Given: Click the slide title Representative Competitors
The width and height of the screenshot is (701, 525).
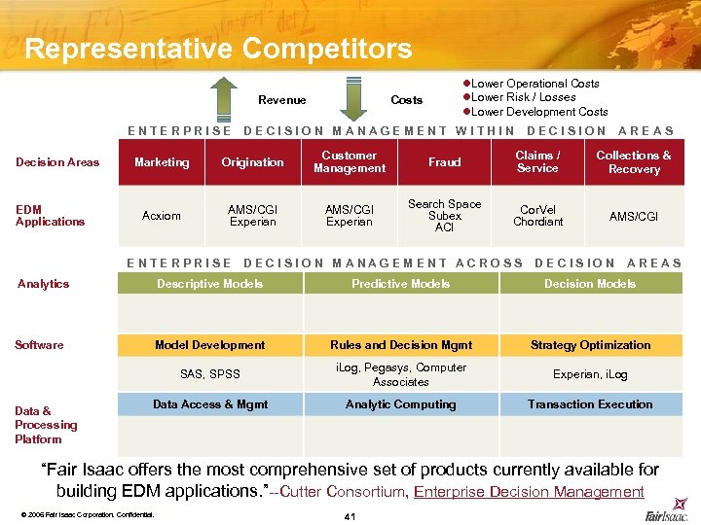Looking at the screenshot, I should coord(218,49).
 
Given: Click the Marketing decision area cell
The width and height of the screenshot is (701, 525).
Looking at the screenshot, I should coord(162,162).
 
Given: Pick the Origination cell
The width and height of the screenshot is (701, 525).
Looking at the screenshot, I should coord(252,162).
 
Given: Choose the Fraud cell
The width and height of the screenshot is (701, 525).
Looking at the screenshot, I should coord(445,162).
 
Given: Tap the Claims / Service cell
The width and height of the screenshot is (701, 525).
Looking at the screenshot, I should coord(537,161).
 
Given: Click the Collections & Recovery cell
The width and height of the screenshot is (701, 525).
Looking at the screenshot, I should coord(633,161).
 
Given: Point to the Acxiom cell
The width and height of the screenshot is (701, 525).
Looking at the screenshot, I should coord(162,216).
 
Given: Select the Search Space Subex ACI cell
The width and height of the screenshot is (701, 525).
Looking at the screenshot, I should coord(445,216).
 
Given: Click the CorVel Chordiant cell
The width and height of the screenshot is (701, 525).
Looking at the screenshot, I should coord(537,216).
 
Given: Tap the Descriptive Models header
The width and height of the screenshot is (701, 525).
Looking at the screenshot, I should coord(209,284).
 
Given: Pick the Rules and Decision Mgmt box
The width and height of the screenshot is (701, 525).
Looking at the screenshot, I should coord(401,345).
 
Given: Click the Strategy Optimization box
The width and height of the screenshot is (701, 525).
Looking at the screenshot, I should coord(590,345).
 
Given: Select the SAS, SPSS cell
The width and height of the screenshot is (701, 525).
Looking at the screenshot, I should coord(209,374).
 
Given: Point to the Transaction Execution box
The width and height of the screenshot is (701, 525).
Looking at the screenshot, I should coord(590,404).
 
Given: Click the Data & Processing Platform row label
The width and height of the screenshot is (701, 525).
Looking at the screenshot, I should coord(46,425).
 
